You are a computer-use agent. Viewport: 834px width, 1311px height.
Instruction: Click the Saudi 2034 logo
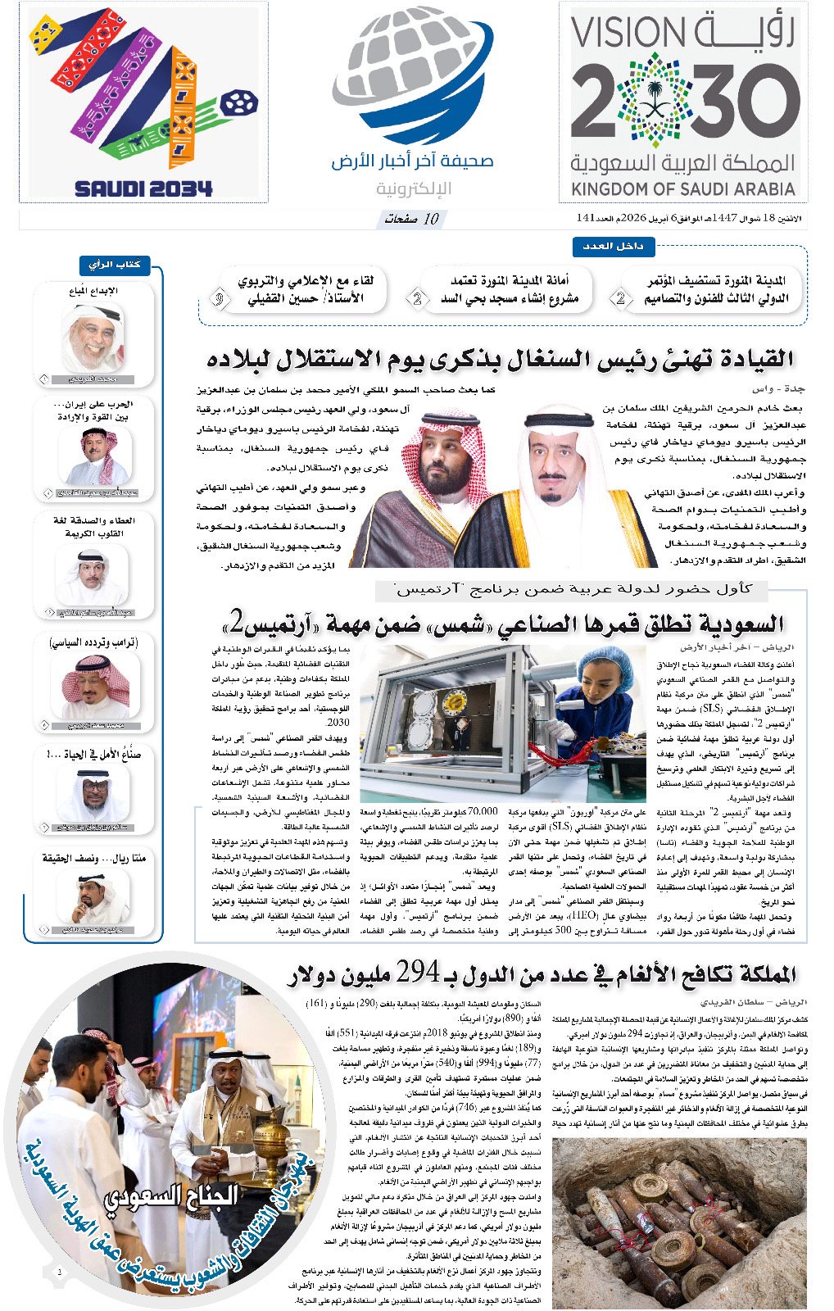[143, 102]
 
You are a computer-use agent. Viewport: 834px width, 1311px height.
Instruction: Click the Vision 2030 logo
[684, 102]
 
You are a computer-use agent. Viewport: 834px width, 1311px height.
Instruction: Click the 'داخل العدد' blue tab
[613, 246]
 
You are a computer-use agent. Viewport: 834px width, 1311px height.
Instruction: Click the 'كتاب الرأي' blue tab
[115, 265]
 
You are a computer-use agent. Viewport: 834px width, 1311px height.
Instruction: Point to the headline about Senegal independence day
[500, 359]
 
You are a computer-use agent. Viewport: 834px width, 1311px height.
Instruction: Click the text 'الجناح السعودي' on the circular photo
[171, 1196]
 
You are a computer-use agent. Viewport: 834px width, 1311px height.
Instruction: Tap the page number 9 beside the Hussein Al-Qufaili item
[220, 298]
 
